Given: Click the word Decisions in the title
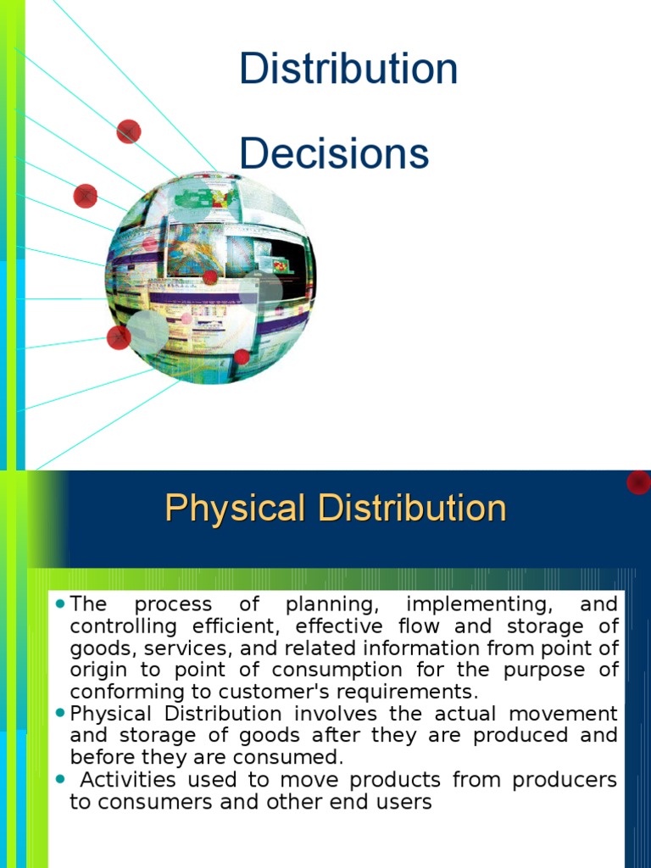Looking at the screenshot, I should [x=334, y=153].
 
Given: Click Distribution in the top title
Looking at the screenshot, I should [x=348, y=69].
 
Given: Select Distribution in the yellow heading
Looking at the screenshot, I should [x=413, y=509].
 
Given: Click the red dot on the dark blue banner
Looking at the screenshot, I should [x=638, y=482].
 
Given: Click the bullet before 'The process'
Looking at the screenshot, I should [x=59, y=604].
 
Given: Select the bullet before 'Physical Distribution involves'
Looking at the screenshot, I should [x=59, y=714].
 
